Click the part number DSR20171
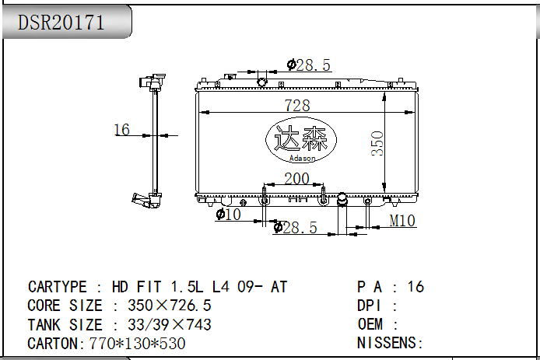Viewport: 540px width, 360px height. click(x=61, y=23)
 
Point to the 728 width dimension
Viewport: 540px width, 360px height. click(x=297, y=105)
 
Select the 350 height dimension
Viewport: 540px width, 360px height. click(x=377, y=144)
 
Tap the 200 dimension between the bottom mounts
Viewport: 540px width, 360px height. click(x=297, y=179)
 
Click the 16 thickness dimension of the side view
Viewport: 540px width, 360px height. click(x=122, y=130)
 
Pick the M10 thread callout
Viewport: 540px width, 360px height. click(x=402, y=221)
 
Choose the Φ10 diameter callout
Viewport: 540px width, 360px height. click(x=228, y=214)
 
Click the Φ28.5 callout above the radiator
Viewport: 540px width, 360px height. click(x=309, y=65)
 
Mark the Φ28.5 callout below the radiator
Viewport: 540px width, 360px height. click(x=295, y=228)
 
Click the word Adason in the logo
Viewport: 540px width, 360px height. click(x=302, y=159)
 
